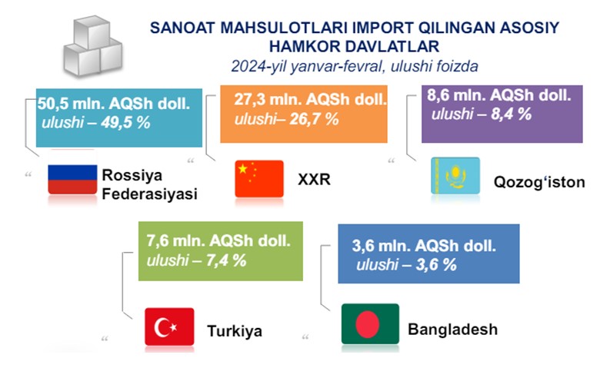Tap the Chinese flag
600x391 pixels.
[x=259, y=178]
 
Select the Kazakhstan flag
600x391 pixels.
[x=455, y=176]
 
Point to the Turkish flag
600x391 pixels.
[x=169, y=326]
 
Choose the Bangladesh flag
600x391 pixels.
[x=370, y=324]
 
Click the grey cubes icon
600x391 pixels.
[x=93, y=46]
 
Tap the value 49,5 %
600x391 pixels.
[x=125, y=123]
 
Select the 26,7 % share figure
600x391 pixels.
[x=314, y=119]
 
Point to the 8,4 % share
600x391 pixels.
[x=512, y=114]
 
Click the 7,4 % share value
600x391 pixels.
[x=226, y=260]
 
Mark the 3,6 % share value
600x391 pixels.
[x=436, y=264]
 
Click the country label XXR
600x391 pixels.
[x=314, y=179]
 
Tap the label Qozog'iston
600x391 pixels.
[x=539, y=182]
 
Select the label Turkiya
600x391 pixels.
[x=235, y=331]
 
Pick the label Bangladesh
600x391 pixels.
[x=452, y=329]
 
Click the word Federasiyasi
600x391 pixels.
[x=150, y=194]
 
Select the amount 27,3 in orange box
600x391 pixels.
[x=248, y=99]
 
